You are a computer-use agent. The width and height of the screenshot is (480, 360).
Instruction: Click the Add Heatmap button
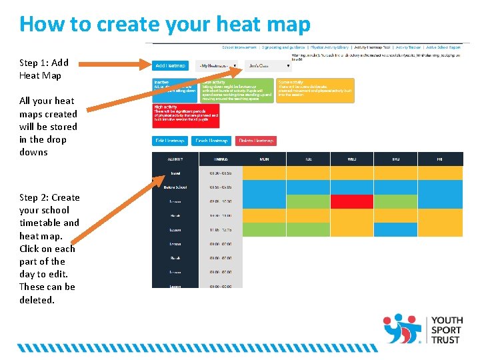[170, 66]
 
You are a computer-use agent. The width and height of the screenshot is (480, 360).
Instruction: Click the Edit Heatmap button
[170, 141]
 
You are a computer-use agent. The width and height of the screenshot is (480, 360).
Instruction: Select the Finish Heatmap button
[211, 141]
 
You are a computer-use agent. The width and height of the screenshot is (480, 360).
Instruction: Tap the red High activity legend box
[186, 115]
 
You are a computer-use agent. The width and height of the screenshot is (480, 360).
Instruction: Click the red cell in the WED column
[352, 201]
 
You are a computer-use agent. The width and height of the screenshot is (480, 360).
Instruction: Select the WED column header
[352, 159]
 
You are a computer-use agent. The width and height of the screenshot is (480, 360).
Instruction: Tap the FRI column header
[440, 159]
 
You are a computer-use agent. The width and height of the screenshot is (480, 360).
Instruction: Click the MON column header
[264, 159]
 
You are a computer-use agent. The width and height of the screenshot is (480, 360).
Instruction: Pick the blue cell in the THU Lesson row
[395, 230]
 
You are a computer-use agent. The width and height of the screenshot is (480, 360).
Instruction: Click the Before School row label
[175, 187]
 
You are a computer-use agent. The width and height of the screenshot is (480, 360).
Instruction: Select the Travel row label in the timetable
[175, 173]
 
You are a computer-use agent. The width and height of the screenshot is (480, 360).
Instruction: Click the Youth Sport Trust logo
[422, 329]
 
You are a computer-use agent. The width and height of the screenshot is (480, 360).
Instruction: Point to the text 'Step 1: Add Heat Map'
[44, 69]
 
